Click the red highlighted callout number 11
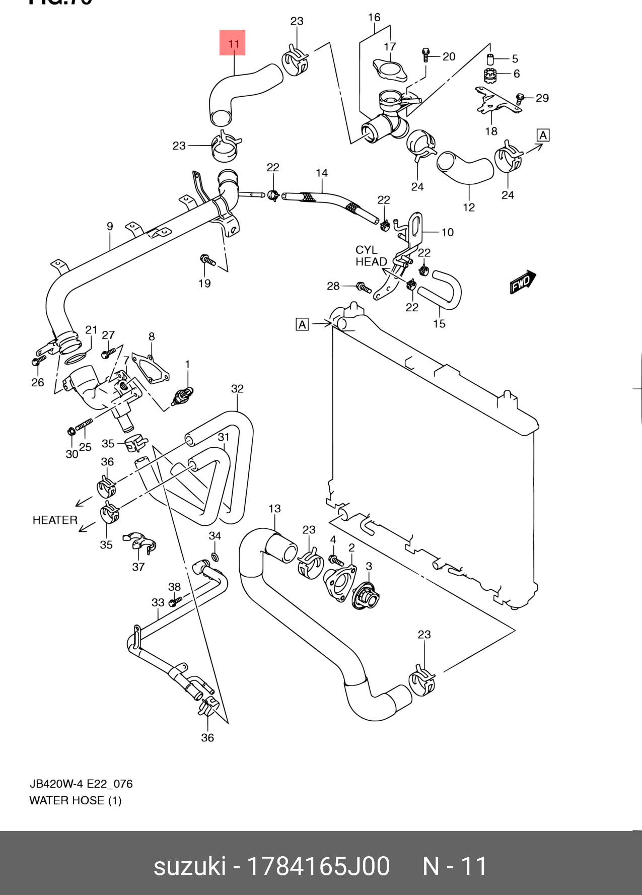pyautogui.click(x=233, y=43)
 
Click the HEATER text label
pyautogui.click(x=55, y=520)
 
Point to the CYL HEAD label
pyautogui.click(x=371, y=256)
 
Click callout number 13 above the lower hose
pyautogui.click(x=274, y=509)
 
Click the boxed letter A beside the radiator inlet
pyautogui.click(x=302, y=324)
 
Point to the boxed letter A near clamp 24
pyautogui.click(x=543, y=135)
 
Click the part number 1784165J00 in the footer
pyautogui.click(x=318, y=866)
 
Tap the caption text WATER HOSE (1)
pyautogui.click(x=76, y=800)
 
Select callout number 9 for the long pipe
pyautogui.click(x=110, y=227)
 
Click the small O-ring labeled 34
pyautogui.click(x=215, y=557)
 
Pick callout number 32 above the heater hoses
pyautogui.click(x=237, y=389)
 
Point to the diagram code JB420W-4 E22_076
pyautogui.click(x=81, y=784)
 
